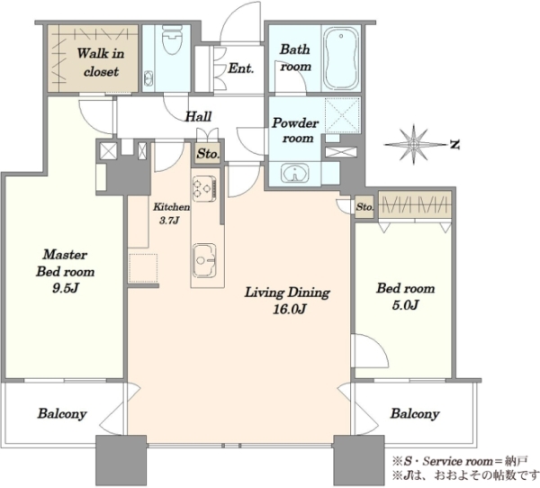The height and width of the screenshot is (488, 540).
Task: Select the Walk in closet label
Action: pos(101,62)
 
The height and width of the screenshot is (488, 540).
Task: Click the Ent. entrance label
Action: pos(241,68)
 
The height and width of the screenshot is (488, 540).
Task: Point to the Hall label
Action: pos(198,116)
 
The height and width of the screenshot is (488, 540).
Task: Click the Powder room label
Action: pos(295,131)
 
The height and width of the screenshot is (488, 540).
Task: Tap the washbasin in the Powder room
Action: pos(295,173)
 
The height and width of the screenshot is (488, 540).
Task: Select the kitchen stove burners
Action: pos(204,188)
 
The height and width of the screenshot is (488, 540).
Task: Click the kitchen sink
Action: pos(204,260)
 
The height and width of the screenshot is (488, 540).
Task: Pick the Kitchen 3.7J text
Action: pos(171,213)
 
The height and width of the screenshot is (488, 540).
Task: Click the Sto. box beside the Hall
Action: pos(208,153)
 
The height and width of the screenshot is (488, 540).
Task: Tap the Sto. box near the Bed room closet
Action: pos(364,207)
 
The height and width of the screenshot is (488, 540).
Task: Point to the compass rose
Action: pos(414,143)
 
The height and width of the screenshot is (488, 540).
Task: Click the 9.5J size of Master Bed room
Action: pos(66,288)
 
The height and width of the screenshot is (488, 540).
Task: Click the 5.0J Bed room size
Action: pos(405,305)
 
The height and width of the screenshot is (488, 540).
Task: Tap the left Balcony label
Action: pos(62,413)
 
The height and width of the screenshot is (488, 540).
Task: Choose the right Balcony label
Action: pos(415,413)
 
